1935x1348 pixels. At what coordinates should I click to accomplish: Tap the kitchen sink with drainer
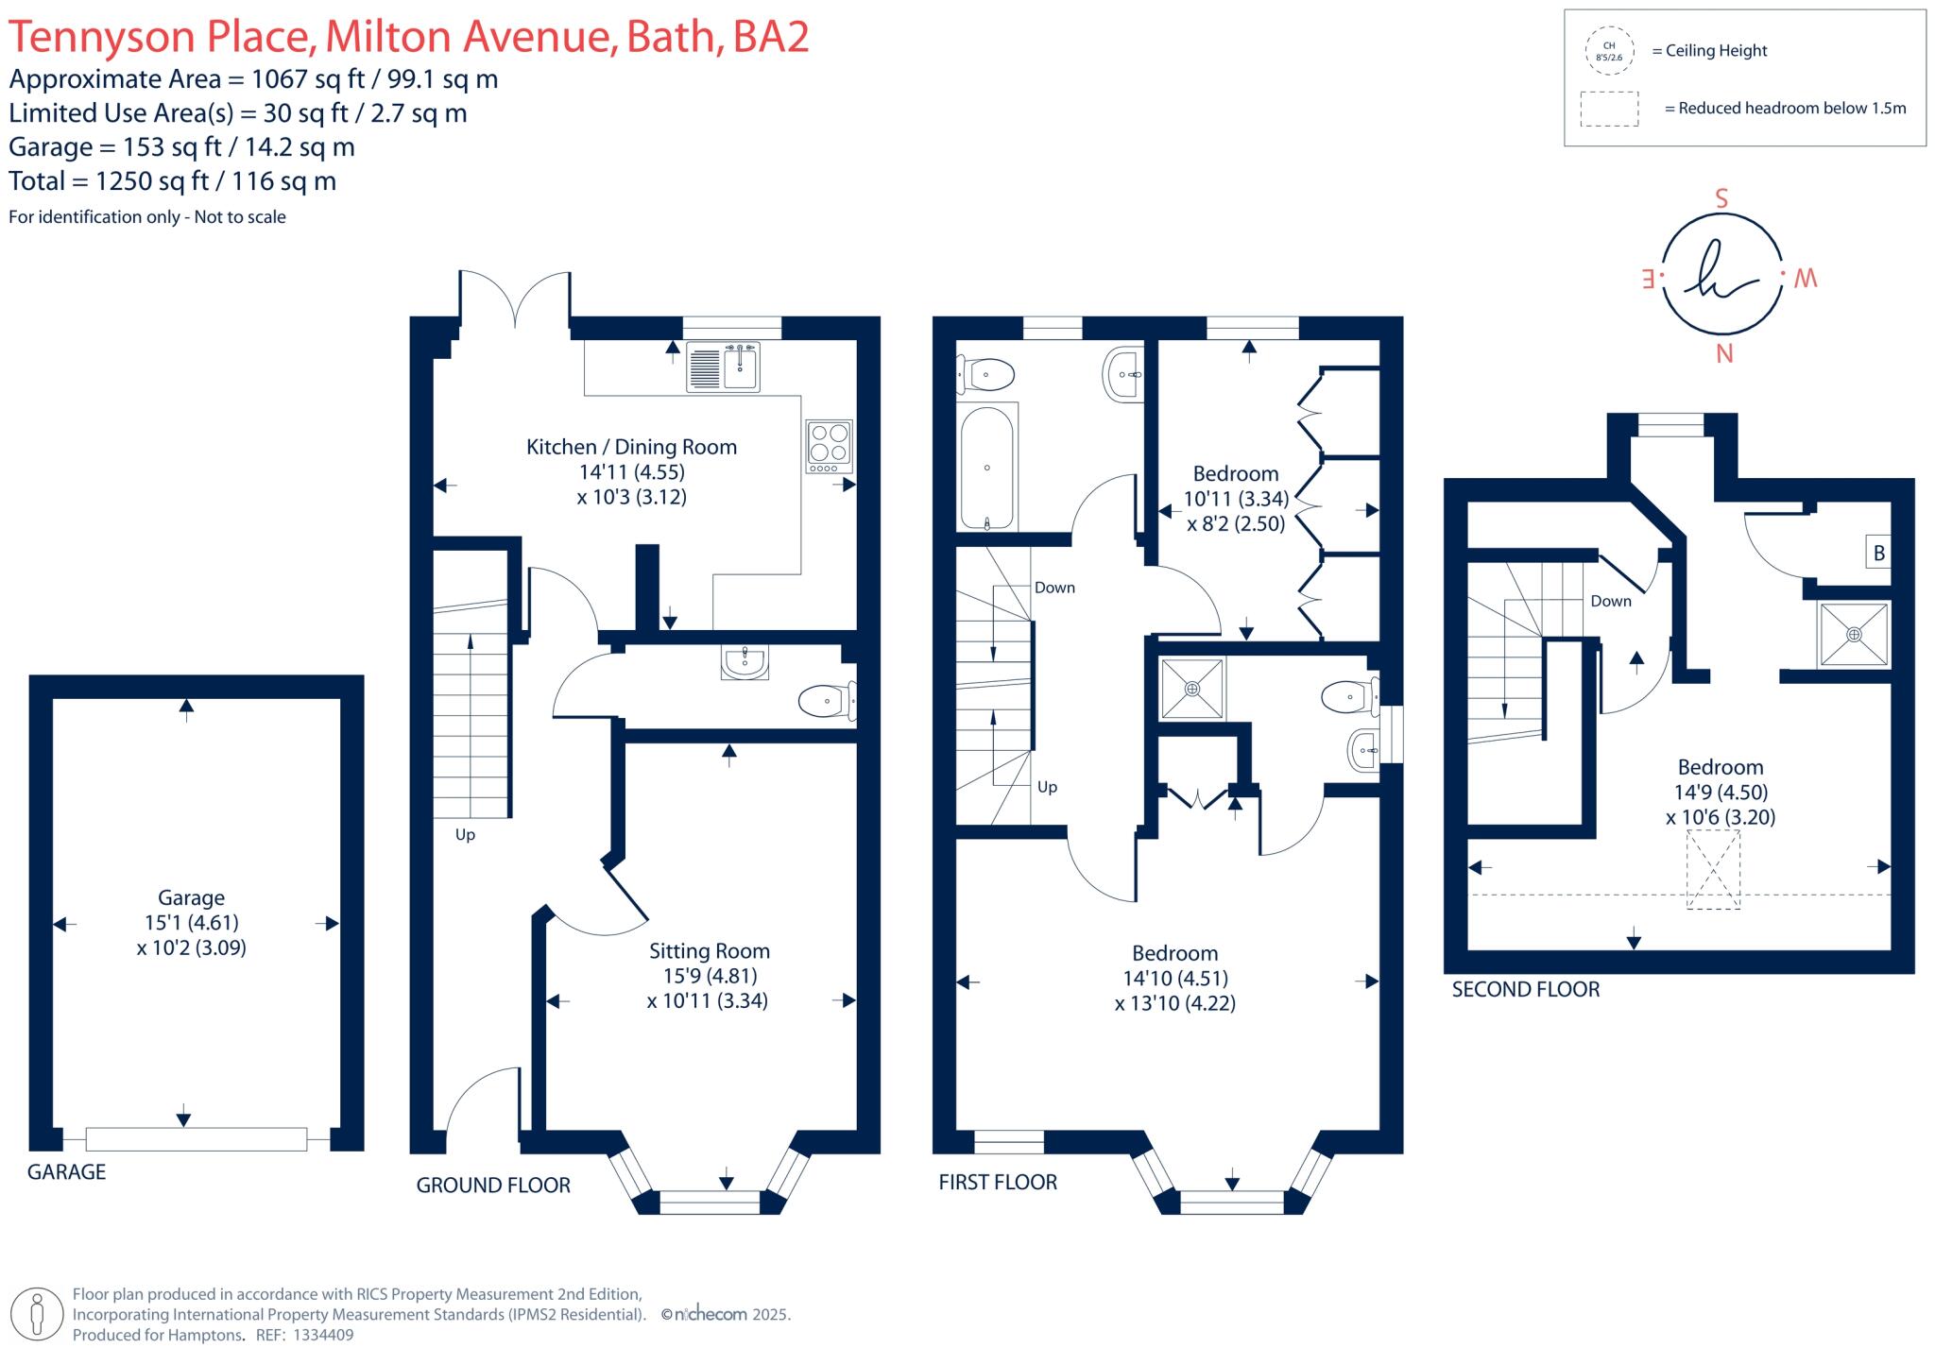pos(724,367)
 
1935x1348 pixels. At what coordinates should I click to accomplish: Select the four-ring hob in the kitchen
pos(830,446)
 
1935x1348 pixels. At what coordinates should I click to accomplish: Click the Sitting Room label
pos(709,951)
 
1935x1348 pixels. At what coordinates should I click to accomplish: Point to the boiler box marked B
pos(1879,553)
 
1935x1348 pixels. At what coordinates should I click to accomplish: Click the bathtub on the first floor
pos(987,469)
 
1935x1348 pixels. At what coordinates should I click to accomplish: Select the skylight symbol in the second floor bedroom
pos(1714,869)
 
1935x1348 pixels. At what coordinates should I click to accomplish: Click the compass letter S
pos(1721,199)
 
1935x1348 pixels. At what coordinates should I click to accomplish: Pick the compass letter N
pos(1724,353)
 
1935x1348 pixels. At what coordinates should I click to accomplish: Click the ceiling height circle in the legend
pos(1609,51)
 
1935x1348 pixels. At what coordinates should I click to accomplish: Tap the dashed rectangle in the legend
pos(1609,109)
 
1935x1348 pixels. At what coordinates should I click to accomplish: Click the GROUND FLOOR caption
pos(493,1186)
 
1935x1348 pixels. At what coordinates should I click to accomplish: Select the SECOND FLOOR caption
pos(1526,989)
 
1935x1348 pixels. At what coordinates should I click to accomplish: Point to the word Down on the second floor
pos(1611,601)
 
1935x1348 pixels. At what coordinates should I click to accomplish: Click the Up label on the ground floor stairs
pos(465,834)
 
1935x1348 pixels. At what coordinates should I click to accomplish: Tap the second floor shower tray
pos(1854,634)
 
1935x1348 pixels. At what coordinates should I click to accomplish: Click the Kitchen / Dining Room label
pos(631,447)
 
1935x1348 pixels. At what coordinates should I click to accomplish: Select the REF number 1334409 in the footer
pos(323,1335)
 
